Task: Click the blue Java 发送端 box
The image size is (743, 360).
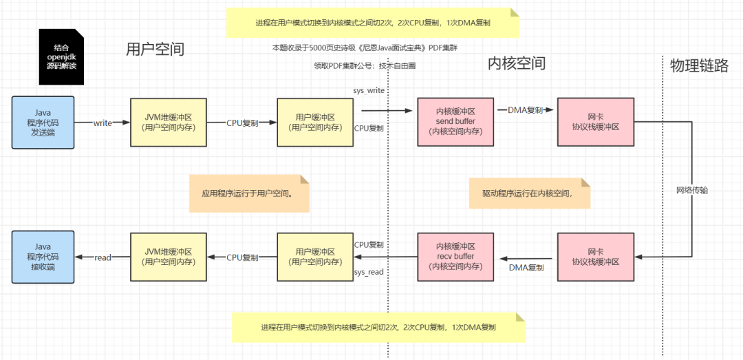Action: tap(43, 123)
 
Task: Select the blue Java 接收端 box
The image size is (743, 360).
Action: tap(43, 257)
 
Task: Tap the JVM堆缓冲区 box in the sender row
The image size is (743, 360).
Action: tap(169, 123)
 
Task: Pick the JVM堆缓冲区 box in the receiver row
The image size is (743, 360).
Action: tap(169, 257)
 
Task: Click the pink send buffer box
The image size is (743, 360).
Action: tap(456, 122)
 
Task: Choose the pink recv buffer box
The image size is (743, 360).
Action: tap(456, 257)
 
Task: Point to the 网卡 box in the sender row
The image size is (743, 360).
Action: tap(595, 122)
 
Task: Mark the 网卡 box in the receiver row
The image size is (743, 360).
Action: tap(595, 257)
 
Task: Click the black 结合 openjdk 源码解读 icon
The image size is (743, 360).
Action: tap(61, 56)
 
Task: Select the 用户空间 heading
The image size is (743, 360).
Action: tap(155, 49)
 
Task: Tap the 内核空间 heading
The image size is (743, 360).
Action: tap(516, 64)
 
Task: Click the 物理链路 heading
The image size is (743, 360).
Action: tap(699, 65)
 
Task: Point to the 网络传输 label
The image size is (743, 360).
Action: tap(691, 190)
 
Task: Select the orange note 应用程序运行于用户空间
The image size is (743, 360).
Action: tap(248, 193)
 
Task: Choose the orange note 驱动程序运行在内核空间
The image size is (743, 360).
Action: tap(529, 193)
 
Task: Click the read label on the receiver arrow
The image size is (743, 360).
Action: tap(103, 257)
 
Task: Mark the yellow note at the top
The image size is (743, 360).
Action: tap(371, 23)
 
